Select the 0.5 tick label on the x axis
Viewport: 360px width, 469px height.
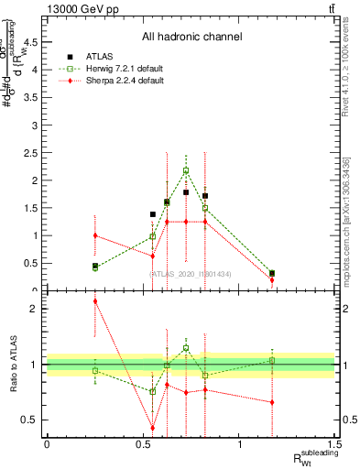tap(143, 444)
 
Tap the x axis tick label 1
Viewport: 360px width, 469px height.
tap(239, 444)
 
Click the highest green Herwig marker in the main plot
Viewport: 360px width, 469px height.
tap(186, 170)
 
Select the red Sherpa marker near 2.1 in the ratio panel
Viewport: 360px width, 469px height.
tap(94, 300)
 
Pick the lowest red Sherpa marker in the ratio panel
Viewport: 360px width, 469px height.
tap(152, 428)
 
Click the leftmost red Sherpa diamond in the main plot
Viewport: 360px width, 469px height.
tap(94, 235)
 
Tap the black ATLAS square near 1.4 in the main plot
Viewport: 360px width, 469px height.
tap(152, 214)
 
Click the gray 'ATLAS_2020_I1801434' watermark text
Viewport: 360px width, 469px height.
tap(191, 273)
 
